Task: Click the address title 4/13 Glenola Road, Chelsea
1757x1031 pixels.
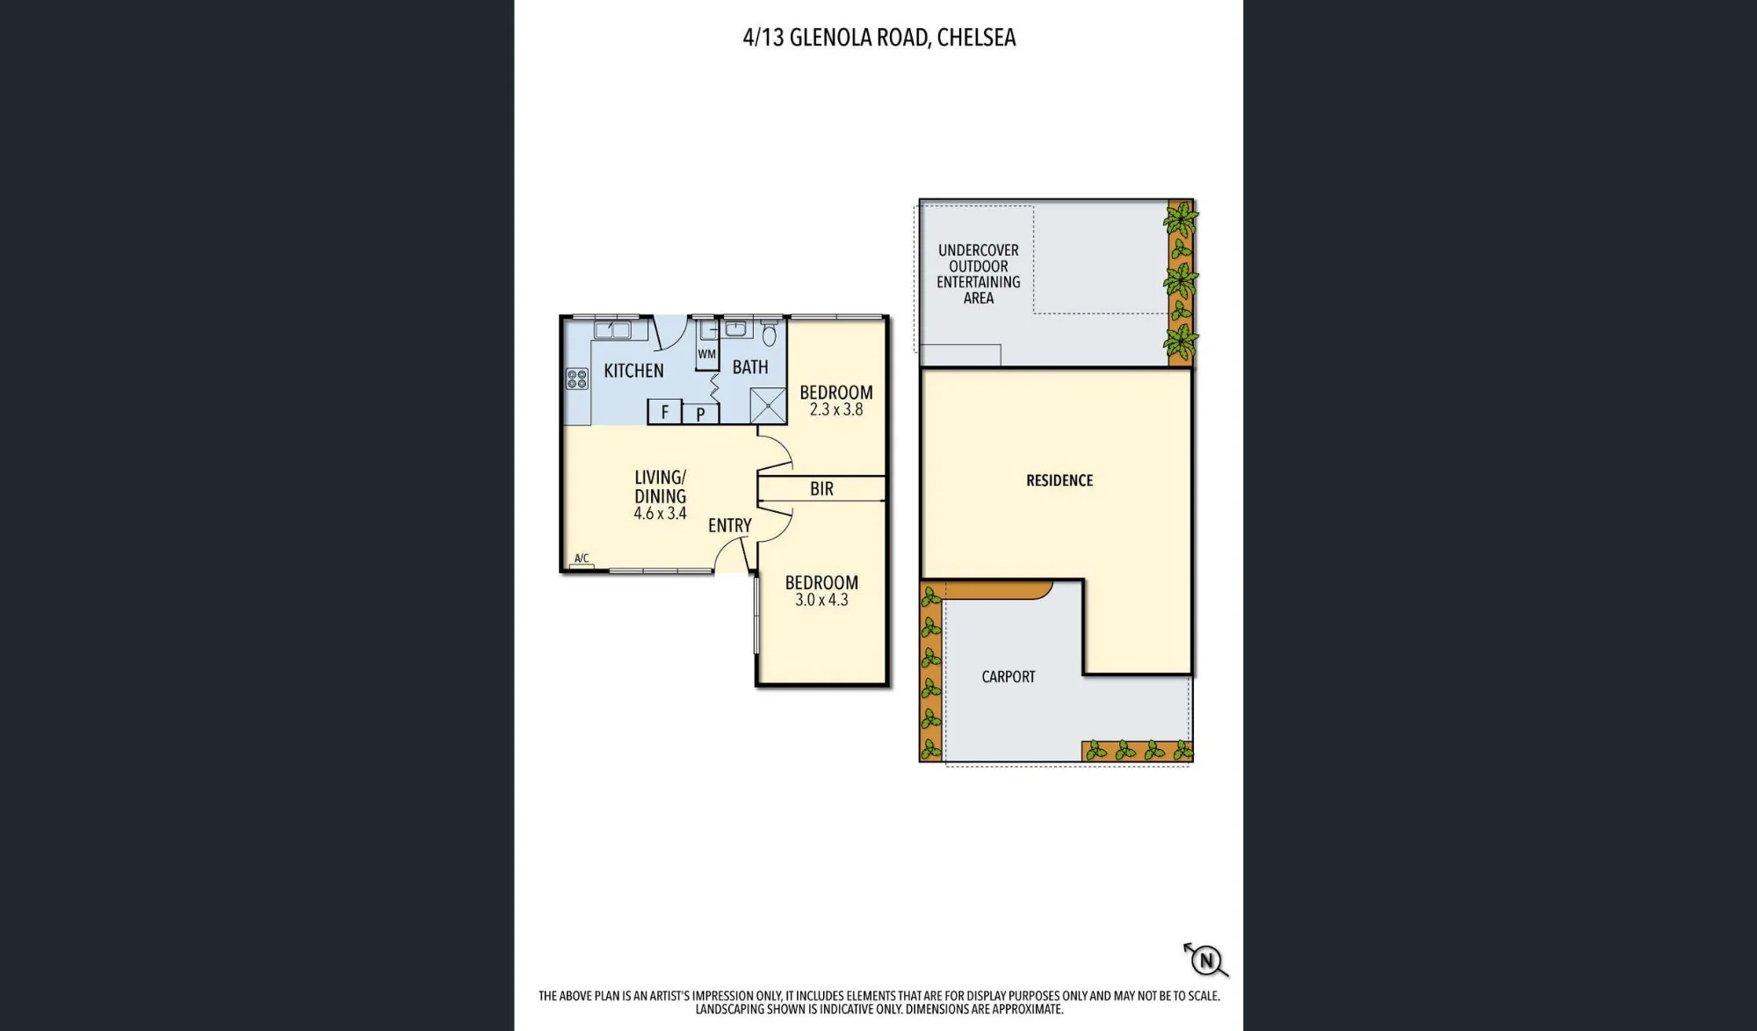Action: pyautogui.click(x=879, y=38)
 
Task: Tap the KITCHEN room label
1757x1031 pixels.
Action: pyautogui.click(x=633, y=371)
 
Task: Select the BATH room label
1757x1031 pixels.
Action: pyautogui.click(x=750, y=367)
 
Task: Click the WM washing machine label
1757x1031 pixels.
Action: pyautogui.click(x=707, y=354)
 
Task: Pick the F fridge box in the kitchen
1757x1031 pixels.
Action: pyautogui.click(x=664, y=411)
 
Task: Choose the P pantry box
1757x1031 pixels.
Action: pyautogui.click(x=700, y=414)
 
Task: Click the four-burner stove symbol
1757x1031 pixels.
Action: pyautogui.click(x=577, y=379)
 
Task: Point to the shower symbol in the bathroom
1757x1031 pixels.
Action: pyautogui.click(x=768, y=406)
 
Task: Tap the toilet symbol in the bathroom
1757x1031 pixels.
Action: pyautogui.click(x=770, y=334)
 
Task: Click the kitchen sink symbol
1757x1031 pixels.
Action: pyautogui.click(x=612, y=330)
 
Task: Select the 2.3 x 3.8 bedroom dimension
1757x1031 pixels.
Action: pyautogui.click(x=836, y=410)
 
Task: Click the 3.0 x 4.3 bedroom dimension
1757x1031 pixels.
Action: pyautogui.click(x=821, y=600)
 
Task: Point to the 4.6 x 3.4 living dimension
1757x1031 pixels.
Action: pyautogui.click(x=660, y=514)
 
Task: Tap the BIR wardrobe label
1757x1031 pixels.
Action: pyautogui.click(x=821, y=489)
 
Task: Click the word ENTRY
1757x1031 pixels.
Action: pyautogui.click(x=730, y=525)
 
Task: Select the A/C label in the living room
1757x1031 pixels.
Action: pyautogui.click(x=582, y=559)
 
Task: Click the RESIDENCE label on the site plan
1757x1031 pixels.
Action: pyautogui.click(x=1059, y=480)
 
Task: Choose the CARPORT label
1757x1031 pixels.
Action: pyautogui.click(x=1009, y=677)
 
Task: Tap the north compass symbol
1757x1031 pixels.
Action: pyautogui.click(x=1206, y=960)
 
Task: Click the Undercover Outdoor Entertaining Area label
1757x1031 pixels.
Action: pyautogui.click(x=979, y=274)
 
